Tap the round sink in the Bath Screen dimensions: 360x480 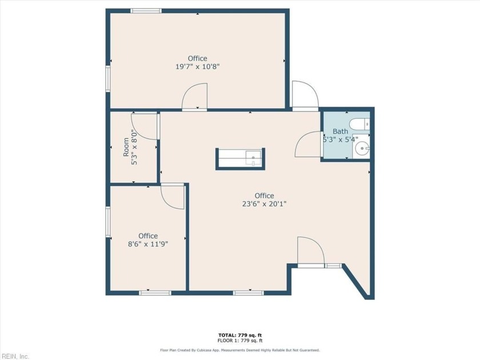click(x=361, y=149)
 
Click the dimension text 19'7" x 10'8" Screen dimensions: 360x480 click(x=197, y=67)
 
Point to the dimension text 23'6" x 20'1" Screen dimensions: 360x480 click(x=264, y=204)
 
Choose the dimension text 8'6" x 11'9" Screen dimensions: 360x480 click(x=148, y=244)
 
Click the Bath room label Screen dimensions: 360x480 click(x=340, y=131)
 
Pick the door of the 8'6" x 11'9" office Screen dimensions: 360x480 click(x=173, y=197)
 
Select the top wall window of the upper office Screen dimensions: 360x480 click(x=146, y=11)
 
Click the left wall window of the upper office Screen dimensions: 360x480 click(x=107, y=79)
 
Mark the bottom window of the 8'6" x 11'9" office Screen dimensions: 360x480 click(x=155, y=293)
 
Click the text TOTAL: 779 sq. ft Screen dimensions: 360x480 click(x=240, y=335)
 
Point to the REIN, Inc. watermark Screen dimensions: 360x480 click(x=15, y=355)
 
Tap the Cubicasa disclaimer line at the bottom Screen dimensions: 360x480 click(x=240, y=350)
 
